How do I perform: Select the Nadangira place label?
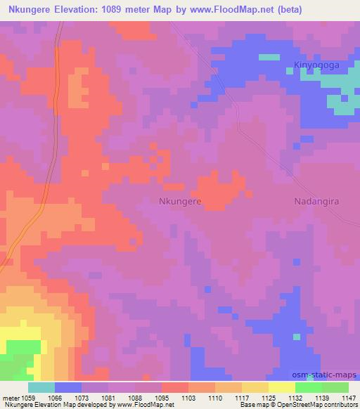coord(316,201)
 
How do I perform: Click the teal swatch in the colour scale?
coord(41,387)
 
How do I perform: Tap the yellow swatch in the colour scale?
coord(281,387)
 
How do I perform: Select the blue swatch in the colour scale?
coord(68,387)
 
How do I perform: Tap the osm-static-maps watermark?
coord(330,373)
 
